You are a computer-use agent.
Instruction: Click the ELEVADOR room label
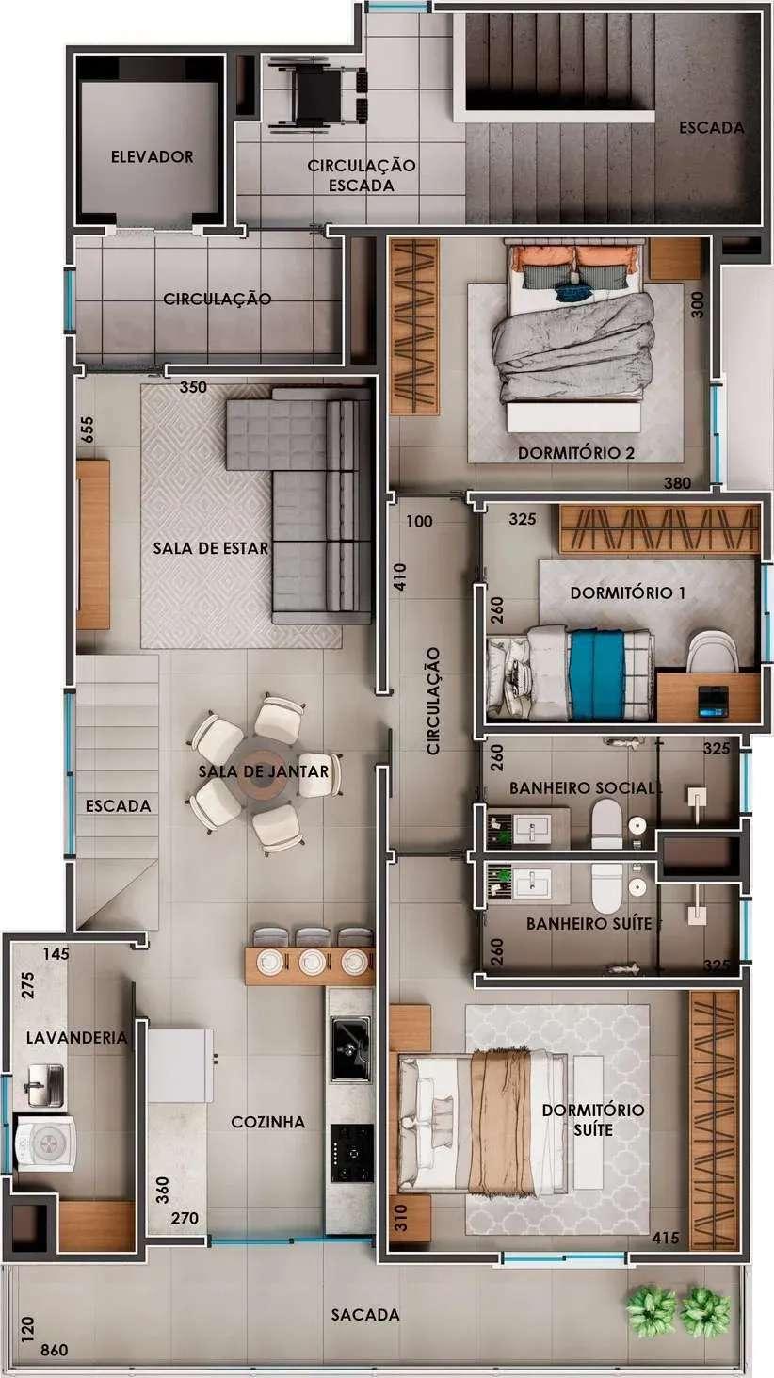click(x=152, y=157)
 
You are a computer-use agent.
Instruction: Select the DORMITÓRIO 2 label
click(x=576, y=453)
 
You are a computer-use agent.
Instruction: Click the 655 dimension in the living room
click(x=88, y=430)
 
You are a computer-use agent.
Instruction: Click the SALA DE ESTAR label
click(x=210, y=548)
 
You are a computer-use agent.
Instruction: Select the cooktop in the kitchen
click(x=351, y=1154)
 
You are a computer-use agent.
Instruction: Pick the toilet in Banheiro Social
click(x=606, y=823)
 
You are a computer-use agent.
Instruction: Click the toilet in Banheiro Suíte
click(x=607, y=887)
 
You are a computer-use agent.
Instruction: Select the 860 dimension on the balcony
click(x=54, y=1351)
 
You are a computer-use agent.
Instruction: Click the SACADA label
click(x=365, y=1315)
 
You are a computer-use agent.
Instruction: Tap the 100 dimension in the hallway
click(x=419, y=522)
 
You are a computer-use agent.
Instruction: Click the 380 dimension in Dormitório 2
click(x=677, y=483)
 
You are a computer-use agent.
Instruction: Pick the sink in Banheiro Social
click(x=532, y=828)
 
